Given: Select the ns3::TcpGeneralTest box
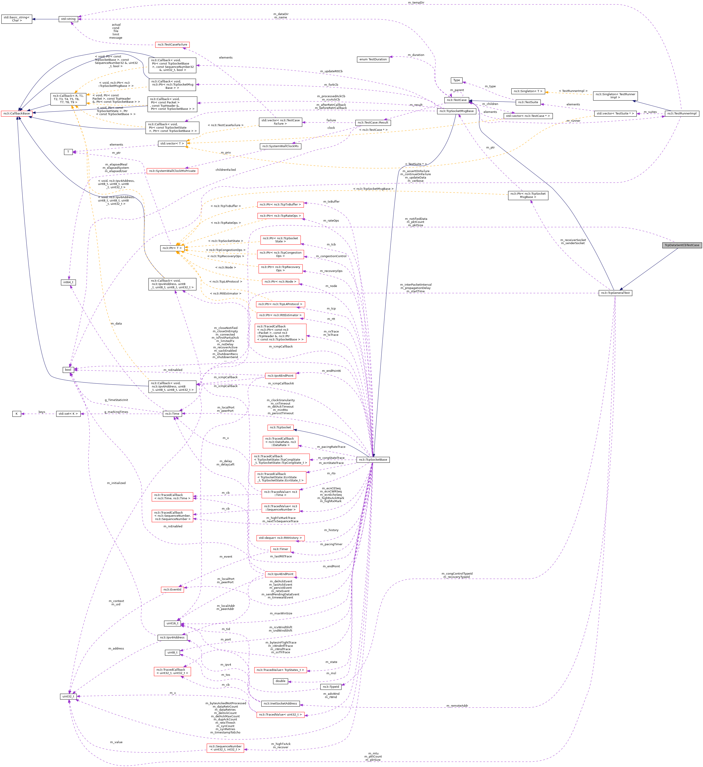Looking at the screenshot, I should click(x=615, y=293).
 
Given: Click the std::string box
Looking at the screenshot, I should click(x=68, y=19).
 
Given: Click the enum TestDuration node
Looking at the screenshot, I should click(x=373, y=59).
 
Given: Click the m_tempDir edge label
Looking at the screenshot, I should click(x=416, y=3).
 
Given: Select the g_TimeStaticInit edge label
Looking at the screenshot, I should click(x=116, y=400).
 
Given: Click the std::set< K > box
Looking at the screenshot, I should click(x=68, y=414).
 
